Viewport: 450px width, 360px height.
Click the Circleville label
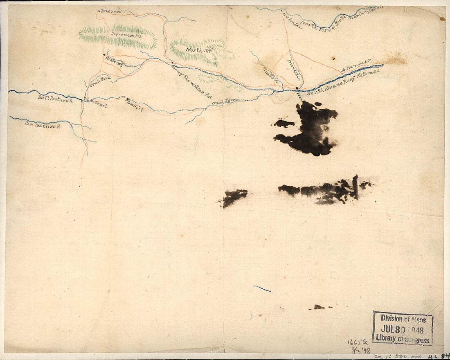[292, 20]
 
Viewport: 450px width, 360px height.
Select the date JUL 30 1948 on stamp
[402, 330]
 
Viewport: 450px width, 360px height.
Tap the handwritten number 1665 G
[357, 342]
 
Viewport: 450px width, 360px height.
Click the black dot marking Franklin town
[297, 88]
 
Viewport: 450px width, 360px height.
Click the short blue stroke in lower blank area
[262, 289]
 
